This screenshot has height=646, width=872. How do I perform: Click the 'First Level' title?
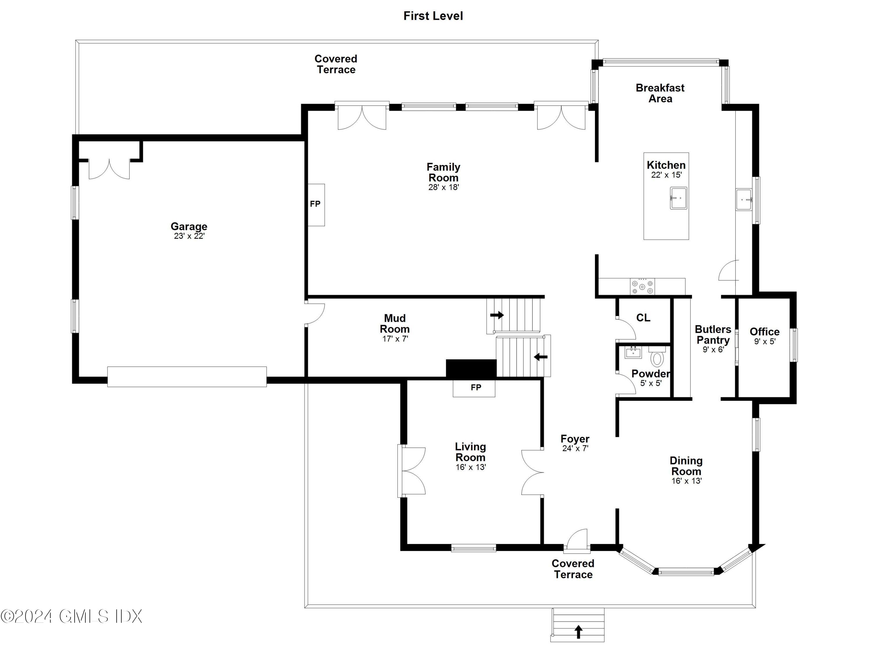tap(433, 16)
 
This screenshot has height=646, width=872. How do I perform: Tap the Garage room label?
tap(189, 226)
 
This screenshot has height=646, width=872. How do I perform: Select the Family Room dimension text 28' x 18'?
tap(443, 187)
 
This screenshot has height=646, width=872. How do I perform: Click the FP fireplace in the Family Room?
tap(316, 204)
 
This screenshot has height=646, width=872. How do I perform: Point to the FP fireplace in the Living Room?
tap(474, 388)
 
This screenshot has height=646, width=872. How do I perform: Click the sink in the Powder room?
tap(633, 352)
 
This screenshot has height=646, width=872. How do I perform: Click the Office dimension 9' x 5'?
tap(765, 341)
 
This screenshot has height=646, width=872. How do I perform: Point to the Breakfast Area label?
tap(660, 93)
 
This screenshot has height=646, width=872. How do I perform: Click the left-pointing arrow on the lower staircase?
tap(541, 357)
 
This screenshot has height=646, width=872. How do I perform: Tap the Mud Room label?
tap(395, 323)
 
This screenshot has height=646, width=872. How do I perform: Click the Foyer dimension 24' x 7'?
tap(575, 448)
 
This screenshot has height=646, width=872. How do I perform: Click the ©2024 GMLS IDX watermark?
tap(71, 617)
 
